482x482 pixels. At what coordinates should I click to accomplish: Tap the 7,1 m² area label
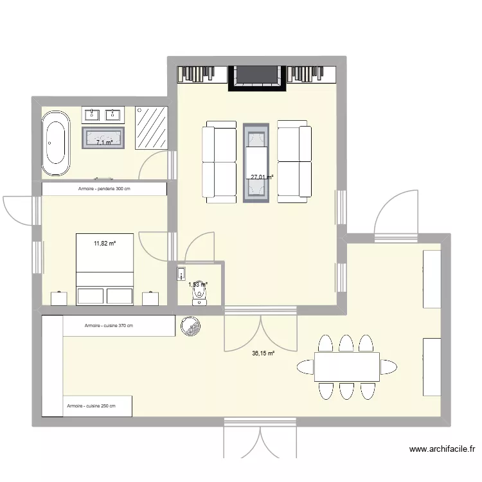[105, 142]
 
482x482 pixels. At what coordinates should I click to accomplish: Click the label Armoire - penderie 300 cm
[104, 188]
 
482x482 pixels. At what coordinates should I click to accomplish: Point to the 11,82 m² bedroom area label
[105, 244]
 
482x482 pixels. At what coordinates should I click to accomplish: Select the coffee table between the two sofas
[256, 163]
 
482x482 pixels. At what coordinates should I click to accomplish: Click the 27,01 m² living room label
[262, 177]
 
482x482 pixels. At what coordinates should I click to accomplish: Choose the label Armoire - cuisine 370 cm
[109, 326]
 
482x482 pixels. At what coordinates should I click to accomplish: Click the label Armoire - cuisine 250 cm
[91, 406]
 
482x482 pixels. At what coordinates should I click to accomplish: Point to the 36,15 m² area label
[263, 353]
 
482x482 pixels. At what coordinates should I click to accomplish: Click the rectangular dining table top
[346, 366]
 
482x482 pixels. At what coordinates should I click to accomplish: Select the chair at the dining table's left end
[305, 367]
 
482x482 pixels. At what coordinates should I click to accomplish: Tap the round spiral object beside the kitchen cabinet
[191, 326]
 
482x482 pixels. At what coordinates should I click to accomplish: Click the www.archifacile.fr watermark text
[442, 450]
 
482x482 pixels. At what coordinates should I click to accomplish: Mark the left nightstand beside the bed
[59, 298]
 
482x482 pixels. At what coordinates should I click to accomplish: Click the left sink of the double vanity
[91, 114]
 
